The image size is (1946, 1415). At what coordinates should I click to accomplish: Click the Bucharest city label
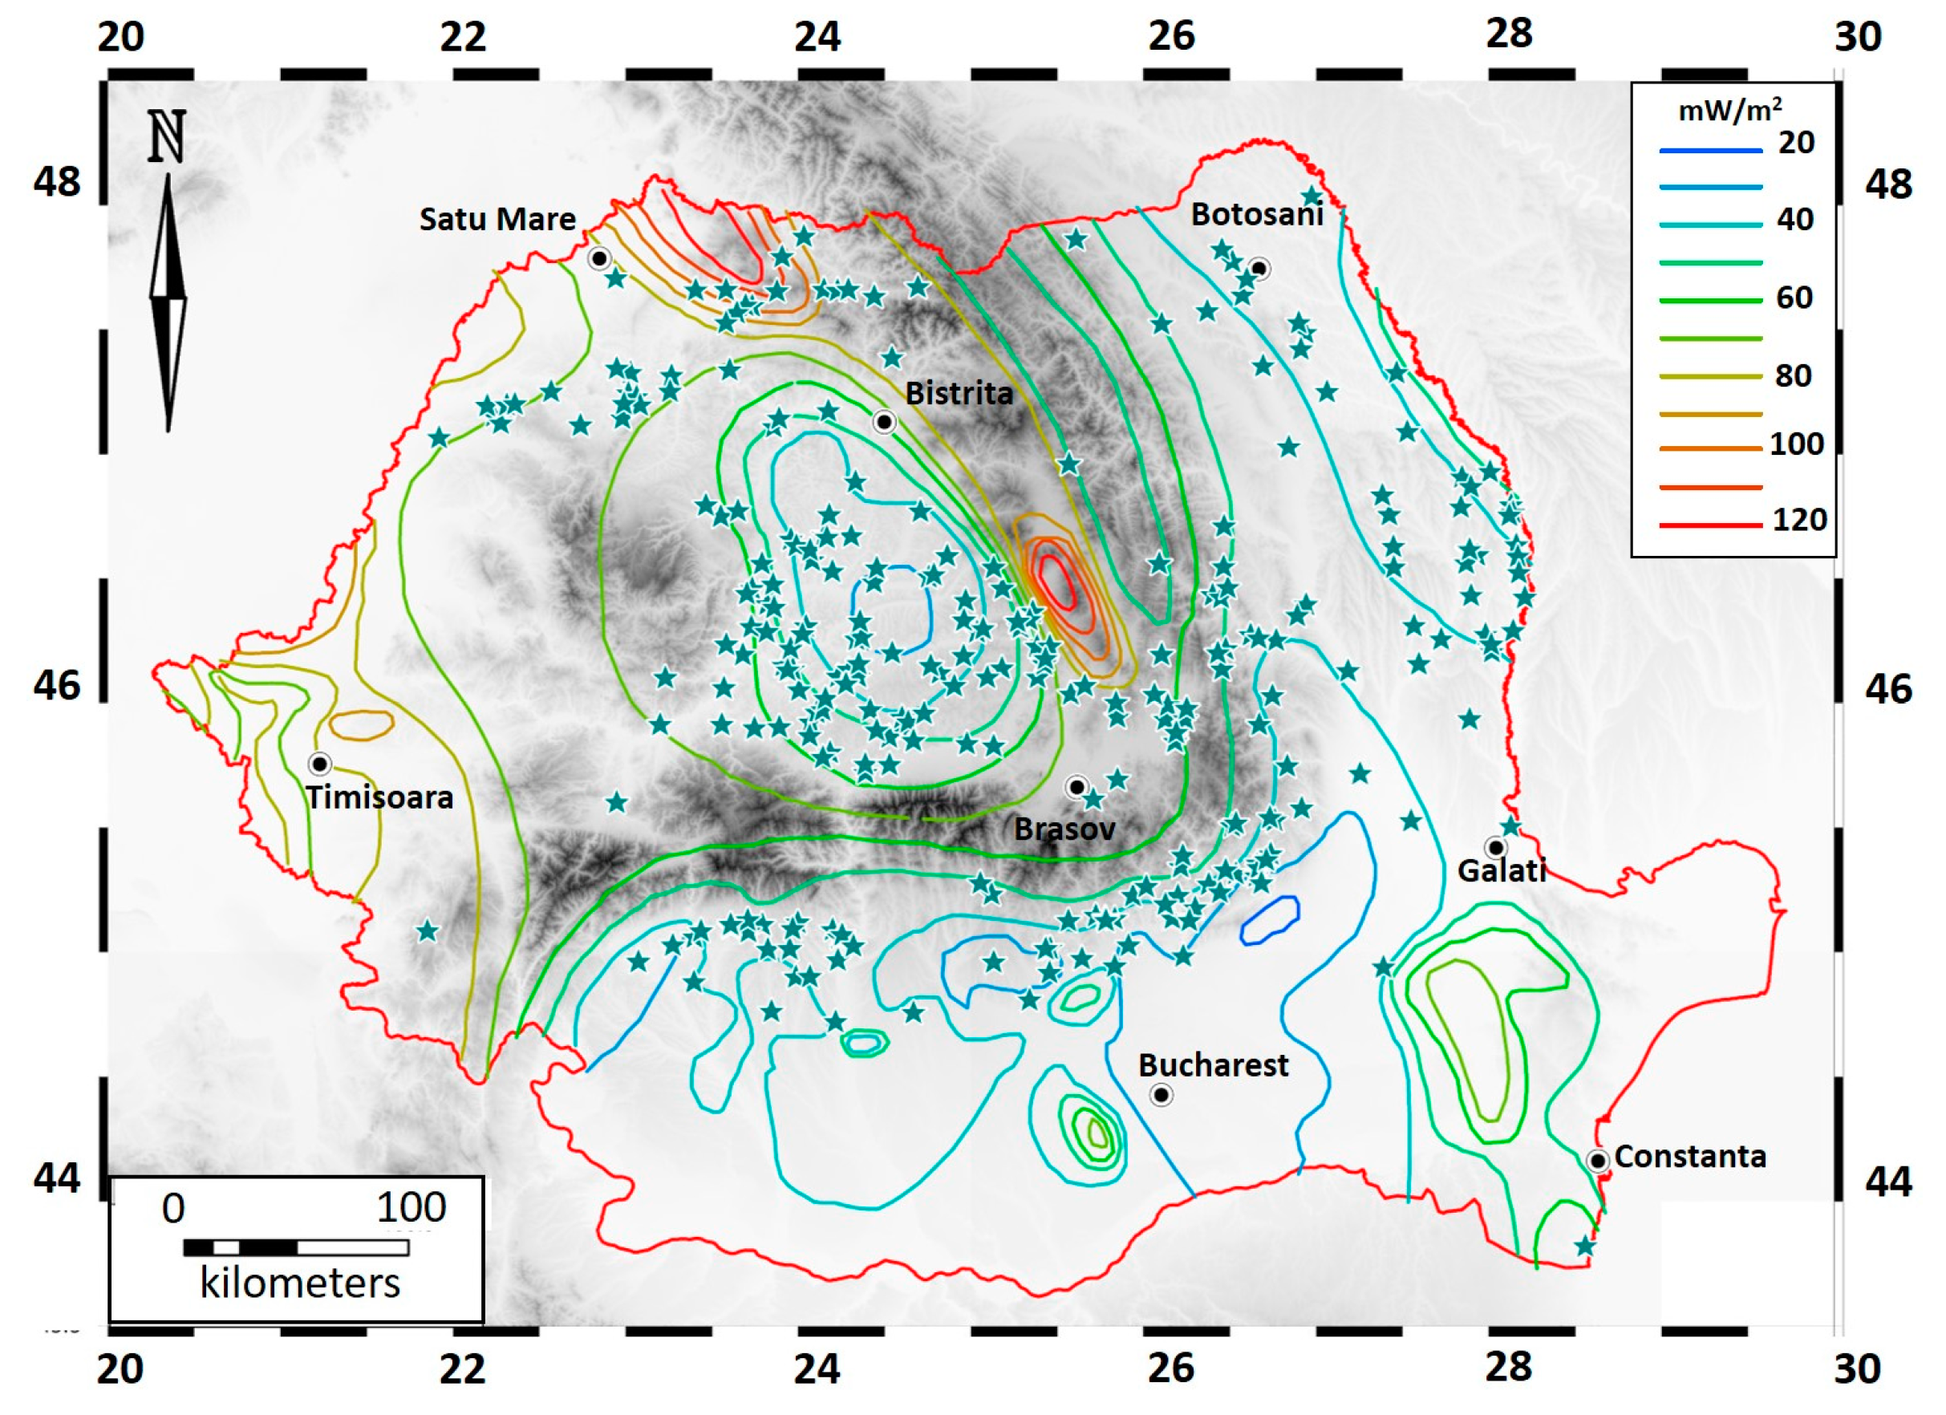1212,1065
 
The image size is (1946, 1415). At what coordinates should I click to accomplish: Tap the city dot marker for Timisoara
320,764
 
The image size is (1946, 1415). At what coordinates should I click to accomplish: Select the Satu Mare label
497,219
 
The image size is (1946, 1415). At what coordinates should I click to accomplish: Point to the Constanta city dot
1597,1161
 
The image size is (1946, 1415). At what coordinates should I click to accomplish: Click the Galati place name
1502,871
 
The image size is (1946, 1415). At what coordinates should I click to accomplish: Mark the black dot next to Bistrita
884,422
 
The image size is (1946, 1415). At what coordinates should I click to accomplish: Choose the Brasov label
1064,829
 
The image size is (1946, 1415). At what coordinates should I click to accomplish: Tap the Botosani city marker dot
1259,269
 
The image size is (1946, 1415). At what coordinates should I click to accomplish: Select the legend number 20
1796,143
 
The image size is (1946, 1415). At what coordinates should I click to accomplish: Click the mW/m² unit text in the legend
1729,110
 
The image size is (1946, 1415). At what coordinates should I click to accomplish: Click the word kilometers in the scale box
299,1283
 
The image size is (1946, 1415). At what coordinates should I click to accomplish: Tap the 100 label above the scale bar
411,1208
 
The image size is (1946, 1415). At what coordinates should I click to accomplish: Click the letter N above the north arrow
167,137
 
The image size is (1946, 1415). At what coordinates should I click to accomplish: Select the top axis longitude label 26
1171,36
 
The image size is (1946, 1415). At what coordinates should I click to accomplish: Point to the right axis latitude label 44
1887,1182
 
